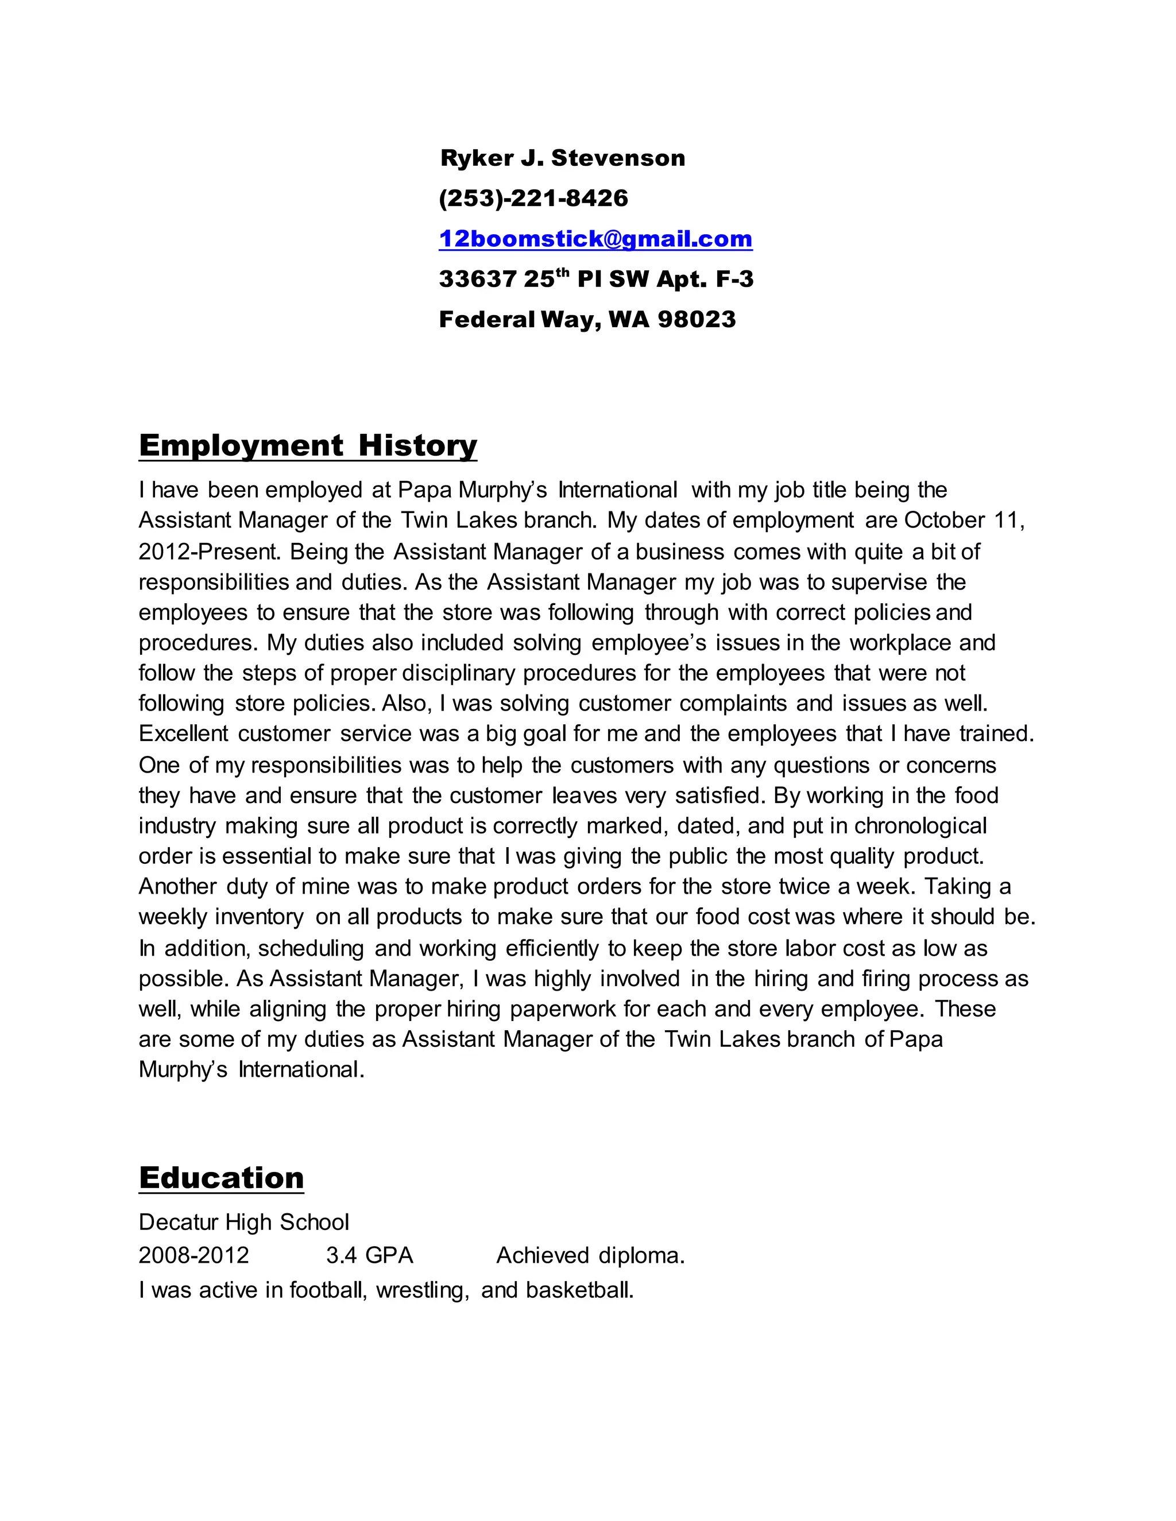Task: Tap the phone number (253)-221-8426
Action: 533,199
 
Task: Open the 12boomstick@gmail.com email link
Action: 595,239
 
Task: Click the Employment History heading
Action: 308,445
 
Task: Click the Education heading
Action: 222,1178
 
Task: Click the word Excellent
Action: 183,734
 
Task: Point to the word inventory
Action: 259,917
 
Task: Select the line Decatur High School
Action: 244,1222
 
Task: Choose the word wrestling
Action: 422,1290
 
